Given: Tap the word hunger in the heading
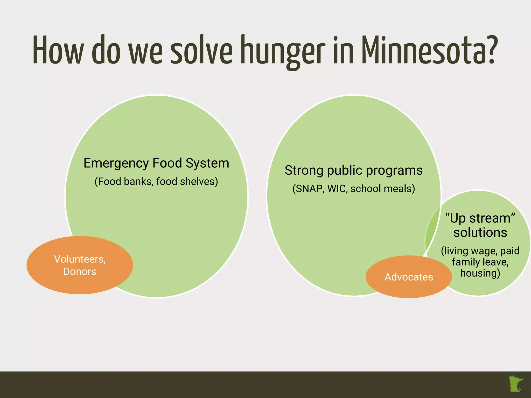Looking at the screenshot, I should tap(283, 51).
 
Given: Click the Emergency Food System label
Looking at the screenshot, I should tap(156, 163).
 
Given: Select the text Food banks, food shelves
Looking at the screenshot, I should tap(156, 181).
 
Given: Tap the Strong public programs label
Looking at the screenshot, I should tap(354, 170).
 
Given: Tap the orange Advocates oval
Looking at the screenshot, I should tap(409, 277).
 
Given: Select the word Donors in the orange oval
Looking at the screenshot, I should tap(80, 272).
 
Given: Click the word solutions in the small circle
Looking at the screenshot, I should tap(480, 232).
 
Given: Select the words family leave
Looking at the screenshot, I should tap(480, 262).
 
